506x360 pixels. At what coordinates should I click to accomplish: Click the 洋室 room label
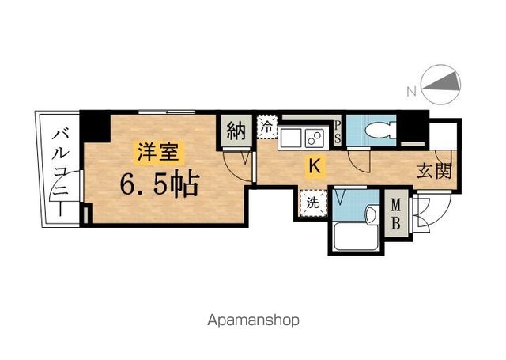point(160,150)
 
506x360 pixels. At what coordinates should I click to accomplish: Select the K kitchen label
point(314,166)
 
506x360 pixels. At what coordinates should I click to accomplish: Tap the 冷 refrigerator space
point(267,127)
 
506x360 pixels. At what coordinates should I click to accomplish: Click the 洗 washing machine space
point(312,202)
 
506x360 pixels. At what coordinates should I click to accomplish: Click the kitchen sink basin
point(290,138)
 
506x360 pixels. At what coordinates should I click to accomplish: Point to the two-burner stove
point(315,138)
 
